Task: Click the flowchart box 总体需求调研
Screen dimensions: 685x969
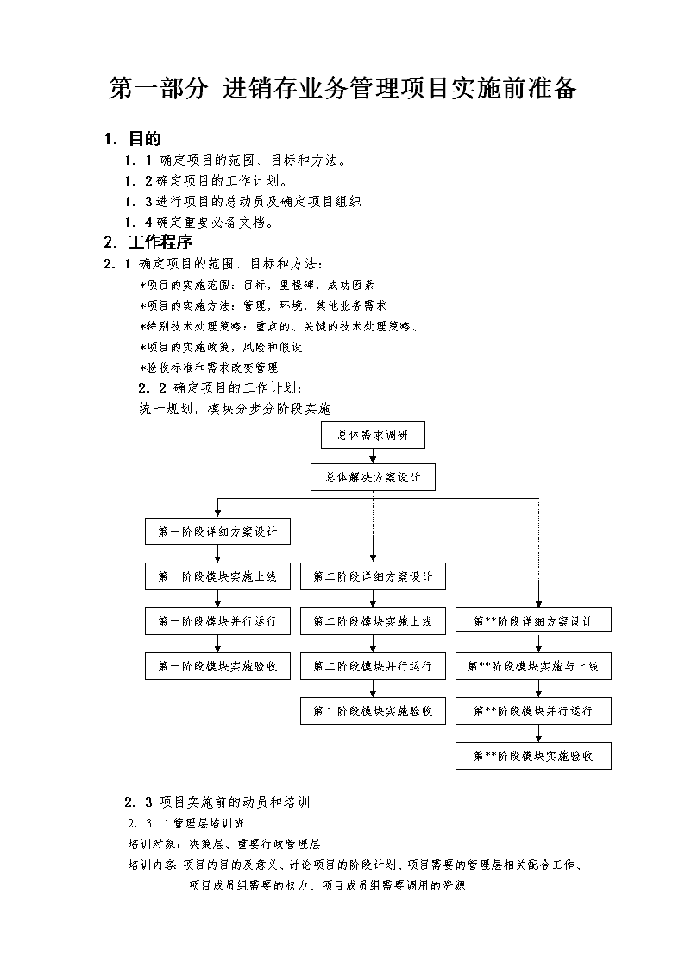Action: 373,435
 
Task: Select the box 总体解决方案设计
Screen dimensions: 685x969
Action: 373,477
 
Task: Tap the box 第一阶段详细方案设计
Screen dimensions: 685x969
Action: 217,532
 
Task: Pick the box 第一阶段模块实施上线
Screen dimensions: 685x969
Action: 217,576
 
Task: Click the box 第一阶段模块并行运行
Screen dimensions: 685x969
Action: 217,621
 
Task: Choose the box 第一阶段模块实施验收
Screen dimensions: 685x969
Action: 217,666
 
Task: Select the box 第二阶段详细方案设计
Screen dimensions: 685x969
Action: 373,576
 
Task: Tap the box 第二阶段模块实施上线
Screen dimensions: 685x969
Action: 373,621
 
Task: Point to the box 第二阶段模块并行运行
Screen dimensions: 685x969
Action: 373,666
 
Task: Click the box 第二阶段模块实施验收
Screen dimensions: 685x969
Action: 373,711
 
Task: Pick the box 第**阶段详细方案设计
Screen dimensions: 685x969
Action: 534,621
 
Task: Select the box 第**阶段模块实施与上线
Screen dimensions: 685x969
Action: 534,666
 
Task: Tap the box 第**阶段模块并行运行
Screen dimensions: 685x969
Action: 534,711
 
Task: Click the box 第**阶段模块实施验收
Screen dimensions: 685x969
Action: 534,756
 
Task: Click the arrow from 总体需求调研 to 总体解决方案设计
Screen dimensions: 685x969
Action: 373,456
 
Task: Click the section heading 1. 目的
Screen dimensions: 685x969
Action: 132,139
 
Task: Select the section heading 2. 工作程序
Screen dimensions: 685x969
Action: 148,242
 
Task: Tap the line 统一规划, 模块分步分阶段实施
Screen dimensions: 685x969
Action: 235,409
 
